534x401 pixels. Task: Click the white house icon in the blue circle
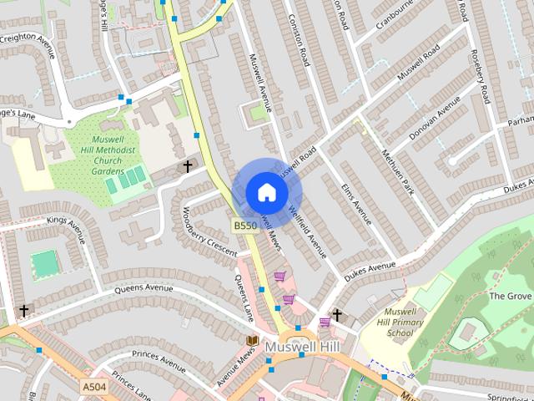pyautogui.click(x=266, y=191)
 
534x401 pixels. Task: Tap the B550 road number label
pyautogui.click(x=244, y=226)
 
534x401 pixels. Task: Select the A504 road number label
pyautogui.click(x=94, y=386)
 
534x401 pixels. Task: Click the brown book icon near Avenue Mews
pyautogui.click(x=251, y=341)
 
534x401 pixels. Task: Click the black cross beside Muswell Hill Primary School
pyautogui.click(x=336, y=315)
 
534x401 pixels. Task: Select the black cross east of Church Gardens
pyautogui.click(x=187, y=166)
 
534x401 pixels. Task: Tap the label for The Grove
pyautogui.click(x=510, y=296)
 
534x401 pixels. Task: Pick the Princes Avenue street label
pyautogui.click(x=159, y=364)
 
